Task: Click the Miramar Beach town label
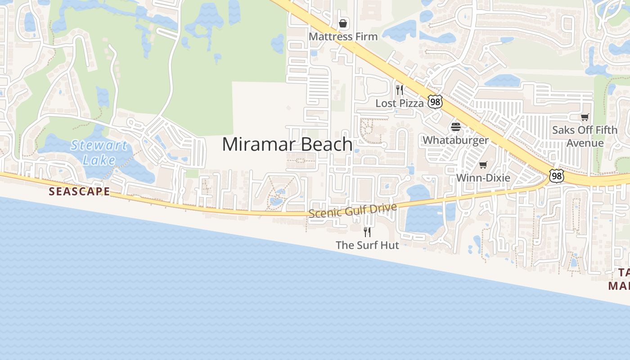pos(287,144)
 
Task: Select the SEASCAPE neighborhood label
pos(79,191)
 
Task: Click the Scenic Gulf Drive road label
pos(353,211)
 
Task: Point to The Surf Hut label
pos(367,245)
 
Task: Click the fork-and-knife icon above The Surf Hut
pos(367,232)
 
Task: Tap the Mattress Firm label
pos(343,36)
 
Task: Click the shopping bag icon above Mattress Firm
pos(343,23)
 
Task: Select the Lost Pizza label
pos(400,103)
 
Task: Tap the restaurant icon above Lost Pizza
pos(399,90)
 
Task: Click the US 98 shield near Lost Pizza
pos(435,102)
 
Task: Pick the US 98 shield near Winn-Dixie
pos(557,176)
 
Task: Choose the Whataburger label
pos(455,140)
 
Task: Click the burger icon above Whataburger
pos(456,127)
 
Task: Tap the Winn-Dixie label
pos(483,178)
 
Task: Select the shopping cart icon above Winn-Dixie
pos(483,165)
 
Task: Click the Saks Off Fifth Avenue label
pos(585,136)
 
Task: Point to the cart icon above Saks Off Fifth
pos(585,117)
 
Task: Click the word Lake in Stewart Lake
pos(99,160)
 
